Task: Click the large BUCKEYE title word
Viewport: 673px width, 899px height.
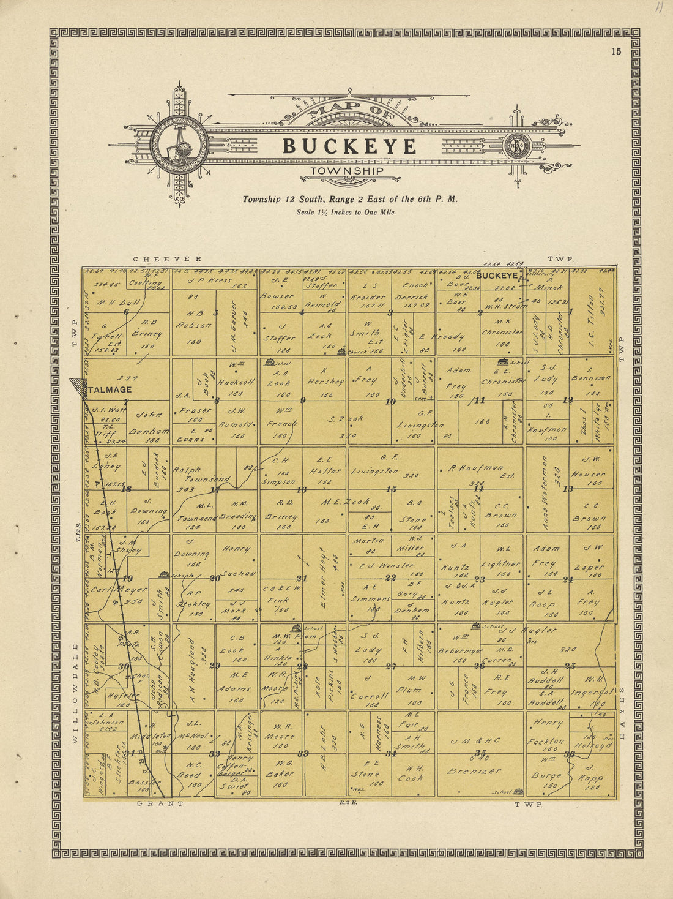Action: pyautogui.click(x=349, y=147)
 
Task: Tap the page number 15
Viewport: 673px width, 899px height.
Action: pyautogui.click(x=615, y=51)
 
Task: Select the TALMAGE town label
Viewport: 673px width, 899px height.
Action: pyautogui.click(x=110, y=389)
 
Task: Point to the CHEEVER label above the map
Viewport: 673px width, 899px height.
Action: pyautogui.click(x=167, y=260)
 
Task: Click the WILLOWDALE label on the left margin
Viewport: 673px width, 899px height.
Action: pyautogui.click(x=75, y=693)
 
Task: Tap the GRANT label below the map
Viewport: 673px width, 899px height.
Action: pyautogui.click(x=160, y=803)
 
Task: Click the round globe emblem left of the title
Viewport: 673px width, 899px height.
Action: pyautogui.click(x=179, y=145)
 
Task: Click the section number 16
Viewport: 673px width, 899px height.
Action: pyautogui.click(x=302, y=490)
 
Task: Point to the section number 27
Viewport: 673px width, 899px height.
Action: pyautogui.click(x=391, y=667)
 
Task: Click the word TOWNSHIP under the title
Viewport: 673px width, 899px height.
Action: pyautogui.click(x=347, y=171)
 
